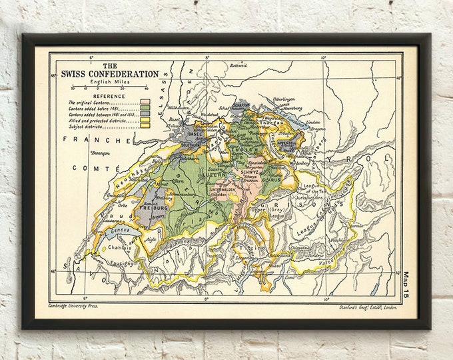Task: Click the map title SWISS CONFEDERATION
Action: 110,74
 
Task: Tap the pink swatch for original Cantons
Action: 145,103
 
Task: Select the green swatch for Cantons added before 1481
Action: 145,109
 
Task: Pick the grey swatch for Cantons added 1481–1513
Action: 145,115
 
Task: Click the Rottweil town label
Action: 238,65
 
